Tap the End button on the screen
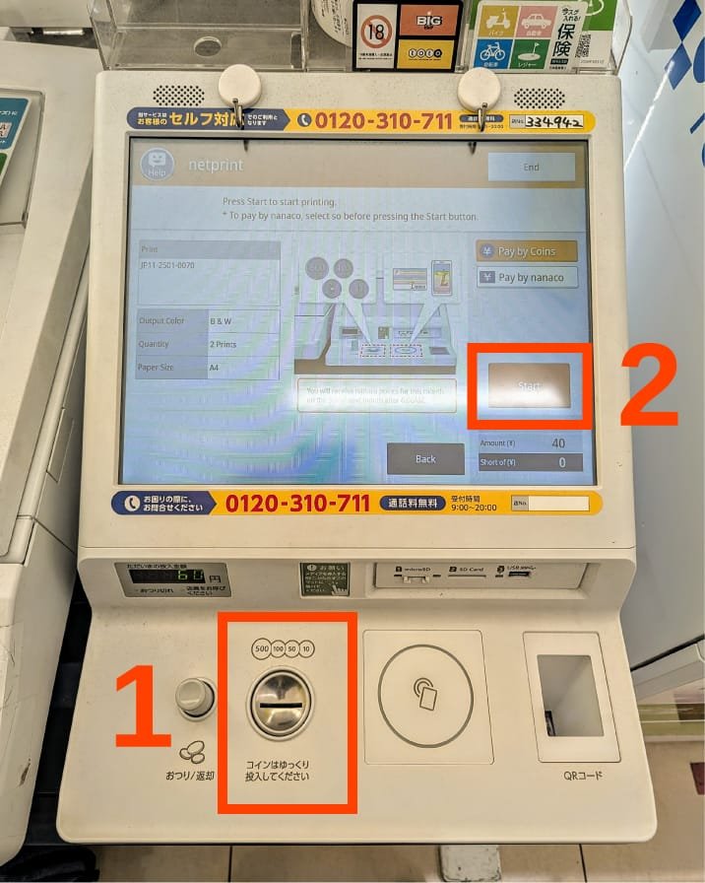[x=531, y=168]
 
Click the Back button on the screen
[x=425, y=459]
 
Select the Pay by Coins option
[x=526, y=251]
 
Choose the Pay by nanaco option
[x=526, y=278]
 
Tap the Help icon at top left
[x=157, y=165]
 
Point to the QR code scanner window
[x=569, y=696]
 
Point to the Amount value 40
[x=558, y=443]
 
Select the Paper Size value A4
[x=215, y=369]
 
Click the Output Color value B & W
[x=222, y=321]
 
